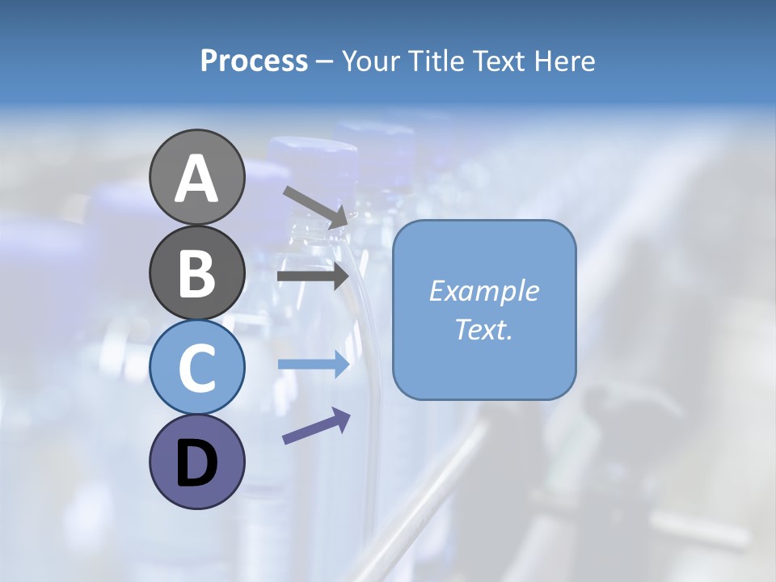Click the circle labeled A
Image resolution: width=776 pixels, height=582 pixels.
point(196,177)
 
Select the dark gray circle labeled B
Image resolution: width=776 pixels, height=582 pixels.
point(196,272)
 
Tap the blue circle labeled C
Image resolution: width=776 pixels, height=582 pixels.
point(196,367)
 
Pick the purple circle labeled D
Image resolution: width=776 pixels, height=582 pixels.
point(196,462)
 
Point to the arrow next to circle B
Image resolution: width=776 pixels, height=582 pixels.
point(313,276)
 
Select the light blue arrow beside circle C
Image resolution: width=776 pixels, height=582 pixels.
point(313,365)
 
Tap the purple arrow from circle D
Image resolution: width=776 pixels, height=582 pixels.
point(316,426)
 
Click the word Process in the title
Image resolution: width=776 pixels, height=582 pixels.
point(254,61)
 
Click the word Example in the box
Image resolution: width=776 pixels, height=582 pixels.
point(483,291)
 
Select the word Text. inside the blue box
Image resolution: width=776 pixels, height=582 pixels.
point(483,329)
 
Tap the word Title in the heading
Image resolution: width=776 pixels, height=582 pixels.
point(432,61)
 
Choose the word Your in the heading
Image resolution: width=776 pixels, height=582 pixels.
point(369,61)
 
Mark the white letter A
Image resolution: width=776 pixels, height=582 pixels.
point(196,179)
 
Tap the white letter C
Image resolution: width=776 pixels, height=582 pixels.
point(196,369)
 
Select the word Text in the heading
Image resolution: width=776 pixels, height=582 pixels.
point(496,61)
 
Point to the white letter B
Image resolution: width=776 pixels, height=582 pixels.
point(196,273)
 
